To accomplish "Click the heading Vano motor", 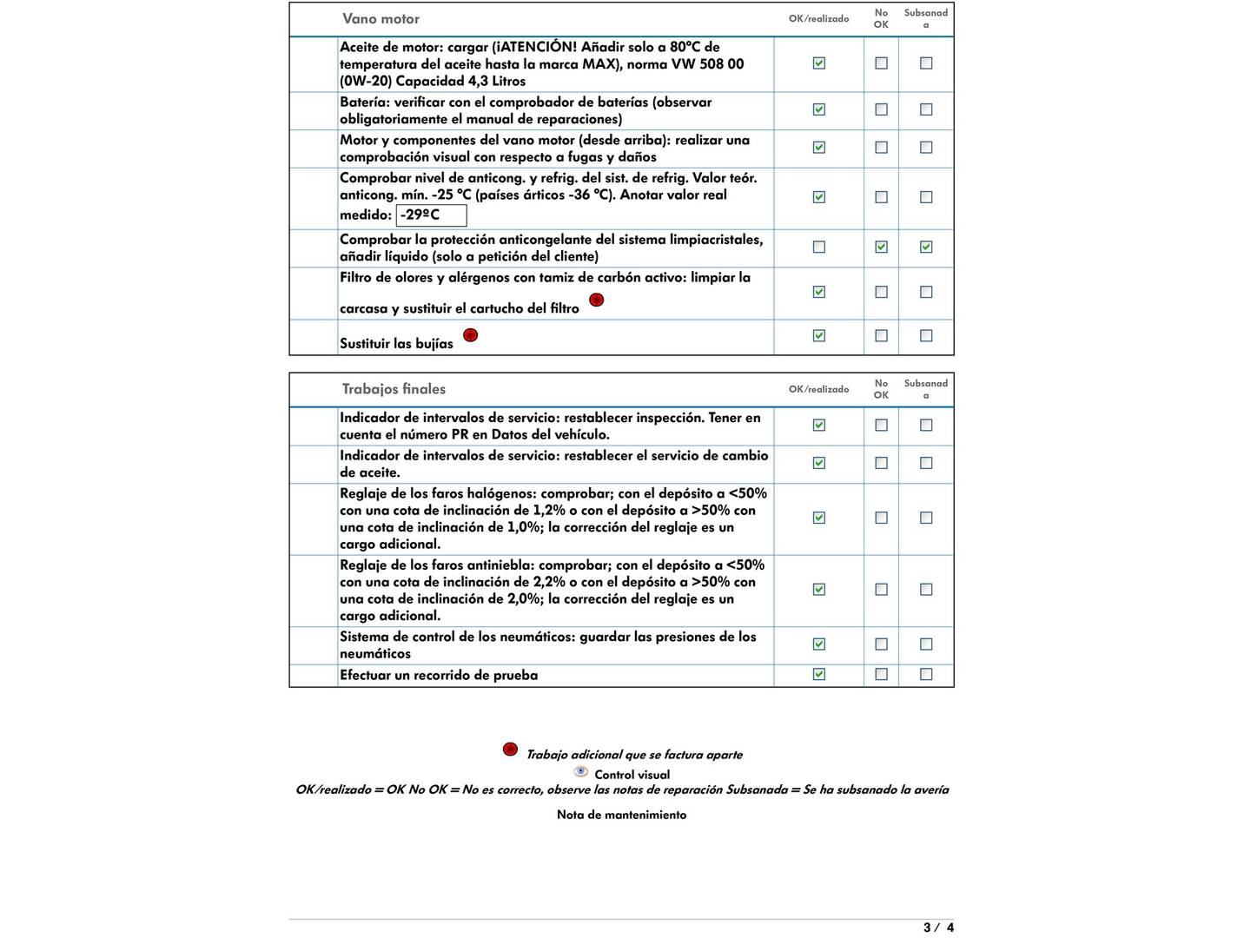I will (x=381, y=19).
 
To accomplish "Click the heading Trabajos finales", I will (x=394, y=389).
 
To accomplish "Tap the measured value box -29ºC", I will (x=431, y=215).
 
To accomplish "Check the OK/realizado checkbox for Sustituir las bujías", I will (x=818, y=336).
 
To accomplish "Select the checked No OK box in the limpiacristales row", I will (x=881, y=248).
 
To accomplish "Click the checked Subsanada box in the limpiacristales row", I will (x=926, y=248).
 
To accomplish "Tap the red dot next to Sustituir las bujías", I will (x=470, y=335).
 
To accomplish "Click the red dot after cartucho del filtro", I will (x=596, y=301).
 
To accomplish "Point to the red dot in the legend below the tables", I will (x=511, y=750).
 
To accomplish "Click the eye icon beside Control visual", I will (x=581, y=772).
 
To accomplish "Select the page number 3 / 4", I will (x=938, y=928).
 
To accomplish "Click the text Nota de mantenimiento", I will (x=621, y=815).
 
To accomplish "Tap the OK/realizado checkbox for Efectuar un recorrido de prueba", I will (x=818, y=674).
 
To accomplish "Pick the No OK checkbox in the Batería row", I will (x=881, y=109).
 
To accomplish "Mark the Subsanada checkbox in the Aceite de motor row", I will (x=926, y=63).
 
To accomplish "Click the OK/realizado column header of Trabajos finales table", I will (x=818, y=389).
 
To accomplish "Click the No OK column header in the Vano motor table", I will (x=881, y=19).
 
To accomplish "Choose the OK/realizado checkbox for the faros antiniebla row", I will (x=818, y=590).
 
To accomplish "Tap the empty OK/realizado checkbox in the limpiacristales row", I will (x=818, y=248).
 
